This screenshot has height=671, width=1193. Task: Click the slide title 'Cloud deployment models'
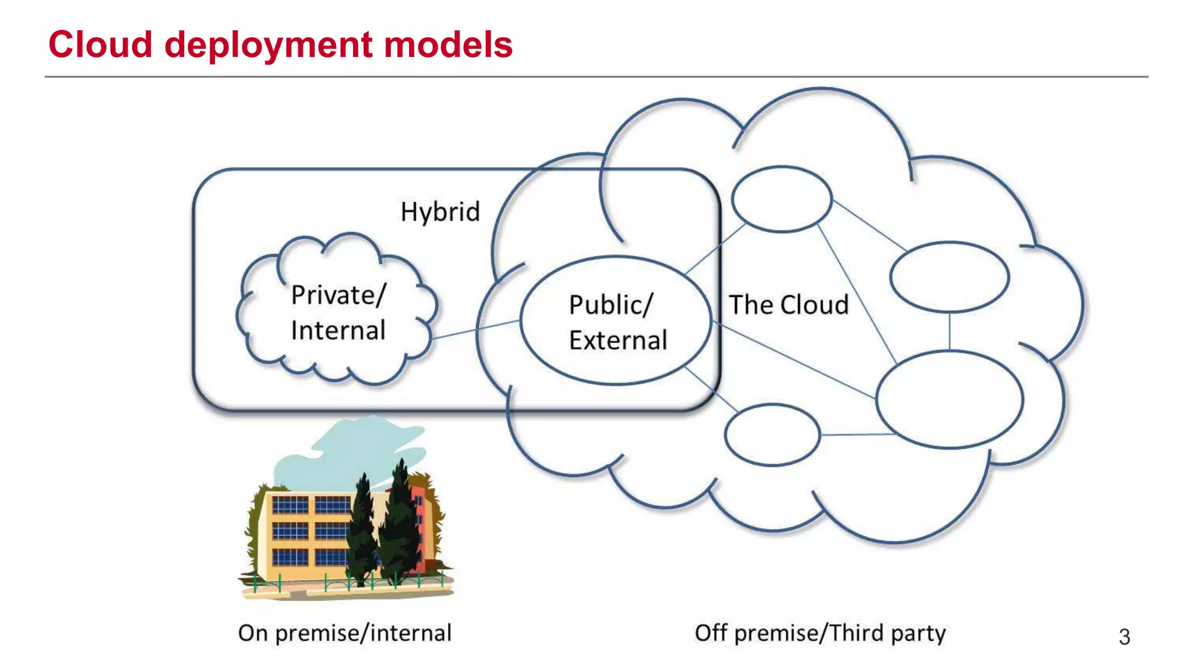[280, 45]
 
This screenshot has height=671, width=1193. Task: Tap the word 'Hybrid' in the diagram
[440, 211]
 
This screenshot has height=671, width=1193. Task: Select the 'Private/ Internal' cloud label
[338, 312]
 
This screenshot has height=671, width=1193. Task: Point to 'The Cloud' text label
[789, 305]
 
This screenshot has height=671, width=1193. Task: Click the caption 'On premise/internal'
[344, 633]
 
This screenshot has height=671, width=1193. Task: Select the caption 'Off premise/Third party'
[820, 633]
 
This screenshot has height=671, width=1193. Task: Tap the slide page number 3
[1124, 637]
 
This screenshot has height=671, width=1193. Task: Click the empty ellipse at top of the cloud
[782, 199]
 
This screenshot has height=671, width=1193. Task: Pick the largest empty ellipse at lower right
[950, 400]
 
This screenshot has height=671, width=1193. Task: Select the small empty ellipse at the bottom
[772, 435]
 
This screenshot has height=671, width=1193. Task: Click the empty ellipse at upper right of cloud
[950, 277]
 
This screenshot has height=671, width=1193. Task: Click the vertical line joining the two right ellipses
[950, 331]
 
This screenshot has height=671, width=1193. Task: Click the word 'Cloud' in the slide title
[100, 45]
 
